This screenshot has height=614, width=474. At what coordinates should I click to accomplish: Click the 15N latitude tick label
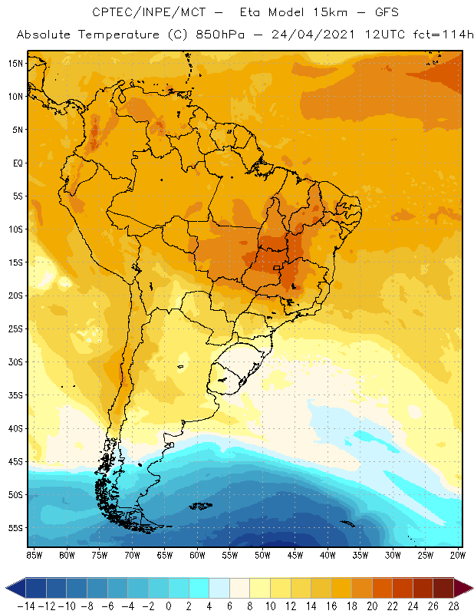click(15, 63)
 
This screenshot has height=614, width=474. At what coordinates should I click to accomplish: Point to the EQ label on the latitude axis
click(16, 163)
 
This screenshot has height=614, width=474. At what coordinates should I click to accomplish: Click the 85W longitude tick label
click(34, 554)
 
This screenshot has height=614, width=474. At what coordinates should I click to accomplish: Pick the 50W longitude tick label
click(263, 554)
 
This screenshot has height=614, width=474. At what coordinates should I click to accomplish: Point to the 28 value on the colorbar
click(453, 606)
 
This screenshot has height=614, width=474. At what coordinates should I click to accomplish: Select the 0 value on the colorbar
click(169, 606)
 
